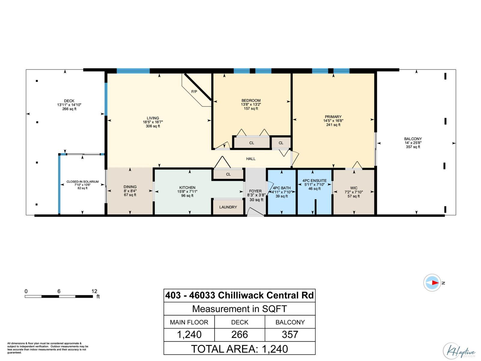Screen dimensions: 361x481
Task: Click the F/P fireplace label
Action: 194,91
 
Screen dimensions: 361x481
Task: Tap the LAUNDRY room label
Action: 228,207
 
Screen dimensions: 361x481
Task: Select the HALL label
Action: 251,159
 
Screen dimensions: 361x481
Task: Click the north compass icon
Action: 432,283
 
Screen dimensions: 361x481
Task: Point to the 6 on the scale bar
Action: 59,291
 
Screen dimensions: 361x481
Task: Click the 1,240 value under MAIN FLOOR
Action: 189,335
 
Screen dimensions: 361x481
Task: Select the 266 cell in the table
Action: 240,335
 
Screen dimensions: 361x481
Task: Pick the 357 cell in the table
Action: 290,335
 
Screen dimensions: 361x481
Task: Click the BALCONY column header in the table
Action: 290,322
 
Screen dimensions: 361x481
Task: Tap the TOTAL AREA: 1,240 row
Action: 239,349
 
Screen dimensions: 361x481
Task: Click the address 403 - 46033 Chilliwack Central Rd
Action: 239,295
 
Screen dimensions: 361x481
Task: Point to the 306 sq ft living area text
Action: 153,126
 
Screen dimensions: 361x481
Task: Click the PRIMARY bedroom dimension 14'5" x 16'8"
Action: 333,121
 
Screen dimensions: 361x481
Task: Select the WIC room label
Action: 354,188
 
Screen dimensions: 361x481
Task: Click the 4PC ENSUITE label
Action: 314,181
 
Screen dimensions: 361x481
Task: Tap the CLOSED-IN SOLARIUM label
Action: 82,182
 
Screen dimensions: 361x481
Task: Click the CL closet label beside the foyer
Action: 228,174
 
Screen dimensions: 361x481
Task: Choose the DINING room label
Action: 130,187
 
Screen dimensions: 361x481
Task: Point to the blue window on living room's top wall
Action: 133,71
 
